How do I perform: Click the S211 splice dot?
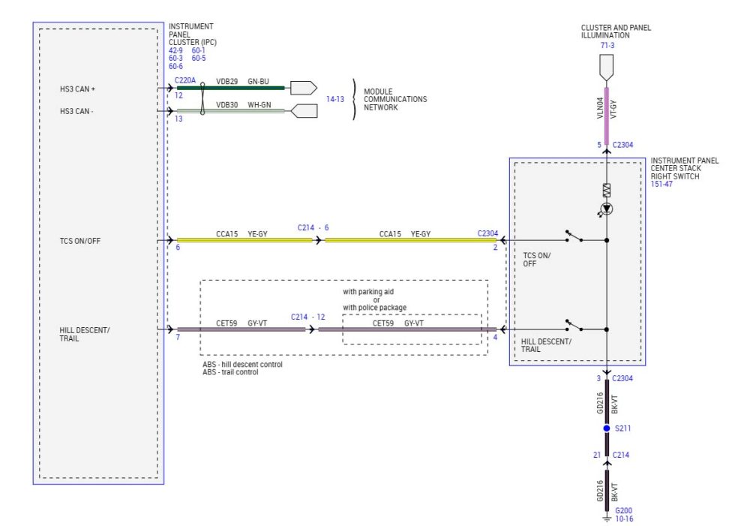(x=607, y=428)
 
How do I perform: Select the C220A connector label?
(x=184, y=80)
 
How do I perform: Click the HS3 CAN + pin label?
(x=78, y=89)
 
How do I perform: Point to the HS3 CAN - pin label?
(x=77, y=112)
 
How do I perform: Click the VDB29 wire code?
(x=227, y=81)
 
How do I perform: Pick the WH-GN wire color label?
(x=259, y=105)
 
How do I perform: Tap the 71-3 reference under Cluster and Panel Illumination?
(x=607, y=46)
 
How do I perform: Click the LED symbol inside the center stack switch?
(x=607, y=209)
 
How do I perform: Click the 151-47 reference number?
(x=661, y=184)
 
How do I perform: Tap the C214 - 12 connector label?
(x=308, y=317)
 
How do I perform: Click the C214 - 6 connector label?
(x=313, y=227)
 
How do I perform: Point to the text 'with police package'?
(x=375, y=308)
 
